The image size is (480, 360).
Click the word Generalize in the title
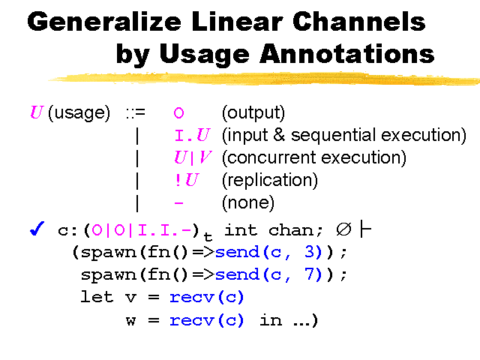pos(104,22)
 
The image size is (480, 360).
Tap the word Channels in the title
pos(358,21)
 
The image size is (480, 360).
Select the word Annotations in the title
pos(346,53)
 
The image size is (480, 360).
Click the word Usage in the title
pos(204,55)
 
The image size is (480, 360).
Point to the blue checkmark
pos(37,228)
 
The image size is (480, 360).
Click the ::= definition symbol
pos(136,113)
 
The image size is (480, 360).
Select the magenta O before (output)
pos(178,113)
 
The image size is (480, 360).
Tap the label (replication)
pos(270,180)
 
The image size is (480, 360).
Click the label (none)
pos(248,202)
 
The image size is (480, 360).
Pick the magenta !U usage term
pos(187,180)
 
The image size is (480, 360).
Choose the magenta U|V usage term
pos(193,157)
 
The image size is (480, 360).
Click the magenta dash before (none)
pos(178,202)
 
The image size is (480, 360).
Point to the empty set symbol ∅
pos(343,229)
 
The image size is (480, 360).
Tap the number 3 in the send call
pos(310,252)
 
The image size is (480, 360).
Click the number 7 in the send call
pos(310,274)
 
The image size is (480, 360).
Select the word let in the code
pos(97,297)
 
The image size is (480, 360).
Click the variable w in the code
pos(130,321)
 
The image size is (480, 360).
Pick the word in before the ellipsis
pos(271,320)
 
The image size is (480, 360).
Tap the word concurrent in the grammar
pos(271,157)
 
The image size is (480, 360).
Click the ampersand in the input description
pos(279,135)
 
